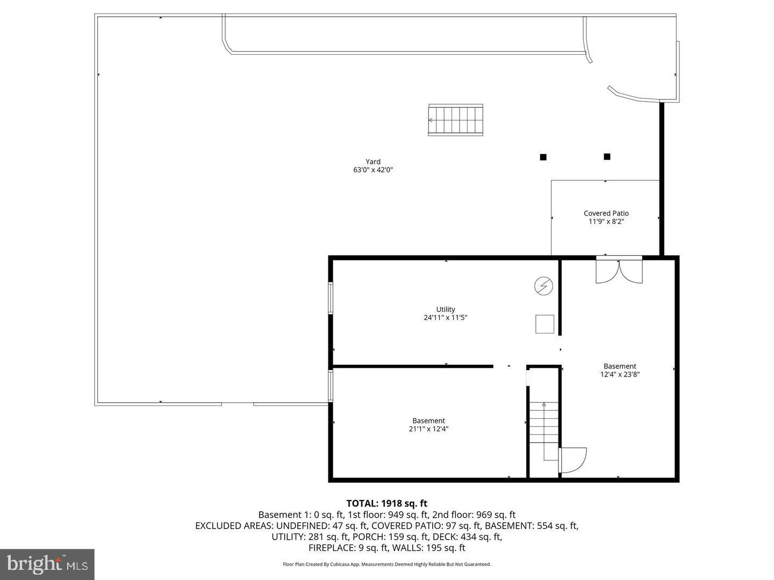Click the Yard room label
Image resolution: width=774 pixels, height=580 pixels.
pyautogui.click(x=373, y=162)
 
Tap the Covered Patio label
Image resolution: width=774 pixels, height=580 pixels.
pyautogui.click(x=606, y=213)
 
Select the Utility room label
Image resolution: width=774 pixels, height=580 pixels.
pyautogui.click(x=446, y=309)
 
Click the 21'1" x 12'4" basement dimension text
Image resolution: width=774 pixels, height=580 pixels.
pyautogui.click(x=428, y=429)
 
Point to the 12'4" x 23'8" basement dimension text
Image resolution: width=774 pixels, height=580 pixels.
pyautogui.click(x=620, y=375)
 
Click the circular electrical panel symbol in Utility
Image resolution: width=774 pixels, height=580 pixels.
pyautogui.click(x=543, y=286)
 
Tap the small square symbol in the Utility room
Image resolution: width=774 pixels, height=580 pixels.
pyautogui.click(x=544, y=324)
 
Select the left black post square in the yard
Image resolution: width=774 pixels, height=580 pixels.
pyautogui.click(x=543, y=157)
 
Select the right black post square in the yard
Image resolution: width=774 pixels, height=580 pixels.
pyautogui.click(x=607, y=157)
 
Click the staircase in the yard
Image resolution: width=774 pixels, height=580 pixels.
pyautogui.click(x=455, y=120)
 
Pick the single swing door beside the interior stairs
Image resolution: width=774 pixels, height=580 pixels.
pyautogui.click(x=572, y=460)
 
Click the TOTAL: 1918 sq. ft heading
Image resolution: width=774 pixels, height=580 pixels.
pyautogui.click(x=386, y=503)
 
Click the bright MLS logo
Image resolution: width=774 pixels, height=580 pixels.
pyautogui.click(x=47, y=564)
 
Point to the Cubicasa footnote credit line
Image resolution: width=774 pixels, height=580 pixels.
pyautogui.click(x=386, y=564)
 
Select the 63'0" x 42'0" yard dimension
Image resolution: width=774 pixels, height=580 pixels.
pyautogui.click(x=373, y=170)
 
